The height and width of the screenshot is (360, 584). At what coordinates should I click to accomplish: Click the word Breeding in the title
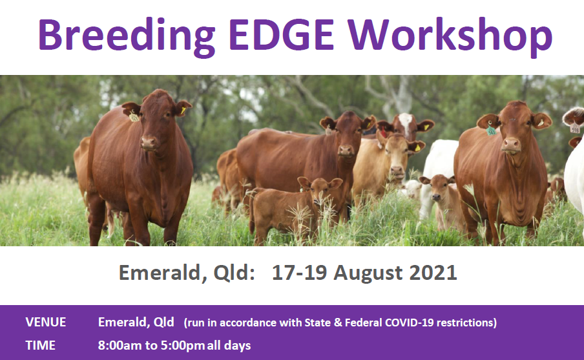pos(127,36)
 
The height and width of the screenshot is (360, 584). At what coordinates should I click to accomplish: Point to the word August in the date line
pos(368,273)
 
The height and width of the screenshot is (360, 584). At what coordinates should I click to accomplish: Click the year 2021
pos(433,272)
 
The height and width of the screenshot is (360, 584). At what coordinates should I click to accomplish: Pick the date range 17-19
pos(300,272)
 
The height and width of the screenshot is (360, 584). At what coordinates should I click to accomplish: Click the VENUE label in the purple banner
pos(45,323)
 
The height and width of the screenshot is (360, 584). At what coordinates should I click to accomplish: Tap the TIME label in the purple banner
pos(40,346)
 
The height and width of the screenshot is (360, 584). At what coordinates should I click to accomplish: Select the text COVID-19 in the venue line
pos(409,323)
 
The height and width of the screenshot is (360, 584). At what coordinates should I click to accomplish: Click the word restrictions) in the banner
pos(466,323)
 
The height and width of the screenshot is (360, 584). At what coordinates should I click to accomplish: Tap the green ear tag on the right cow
pos(491,131)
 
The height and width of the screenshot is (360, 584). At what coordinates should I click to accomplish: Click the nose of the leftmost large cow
pos(149,143)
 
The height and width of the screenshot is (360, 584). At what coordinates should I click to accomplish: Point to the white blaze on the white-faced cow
pos(405,123)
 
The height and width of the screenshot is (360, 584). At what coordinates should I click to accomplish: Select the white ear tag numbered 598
pos(575,129)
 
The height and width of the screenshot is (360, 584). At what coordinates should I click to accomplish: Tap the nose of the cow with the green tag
pos(510,144)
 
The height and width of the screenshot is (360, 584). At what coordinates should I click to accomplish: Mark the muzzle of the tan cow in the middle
pos(397,172)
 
